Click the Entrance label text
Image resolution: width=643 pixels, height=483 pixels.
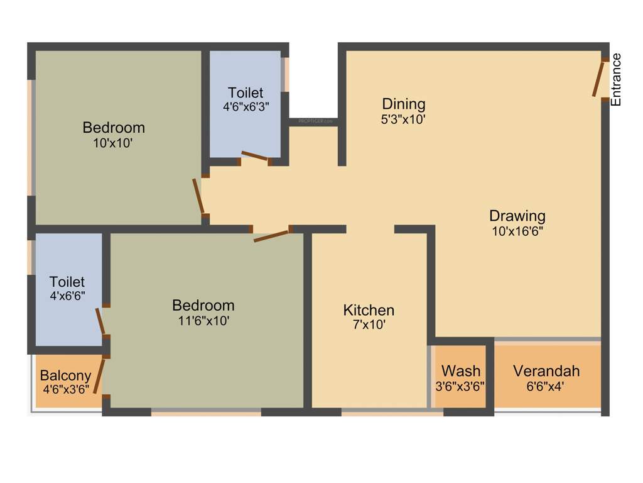click(x=616, y=80)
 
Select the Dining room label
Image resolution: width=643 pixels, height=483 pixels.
click(x=404, y=104)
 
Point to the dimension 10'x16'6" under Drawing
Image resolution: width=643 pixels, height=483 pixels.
click(x=517, y=231)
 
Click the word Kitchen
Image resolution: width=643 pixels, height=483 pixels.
click(x=369, y=310)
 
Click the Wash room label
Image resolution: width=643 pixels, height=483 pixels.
click(x=460, y=370)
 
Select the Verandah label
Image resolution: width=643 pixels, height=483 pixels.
click(x=546, y=370)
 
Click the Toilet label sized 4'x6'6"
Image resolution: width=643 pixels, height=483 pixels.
click(x=67, y=282)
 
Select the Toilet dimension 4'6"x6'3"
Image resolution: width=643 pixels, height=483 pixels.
click(x=246, y=107)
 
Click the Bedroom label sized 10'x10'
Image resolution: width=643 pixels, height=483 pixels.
click(x=114, y=128)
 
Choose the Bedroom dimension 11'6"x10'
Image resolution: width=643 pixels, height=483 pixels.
click(x=203, y=320)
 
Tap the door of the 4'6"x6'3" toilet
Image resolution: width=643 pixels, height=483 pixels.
click(x=256, y=156)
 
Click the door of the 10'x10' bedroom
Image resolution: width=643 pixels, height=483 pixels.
click(x=199, y=196)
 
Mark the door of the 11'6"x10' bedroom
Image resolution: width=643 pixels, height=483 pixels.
click(x=271, y=236)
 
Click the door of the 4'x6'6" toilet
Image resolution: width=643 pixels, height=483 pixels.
click(x=100, y=321)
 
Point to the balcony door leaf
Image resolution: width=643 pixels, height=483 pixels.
click(x=99, y=375)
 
